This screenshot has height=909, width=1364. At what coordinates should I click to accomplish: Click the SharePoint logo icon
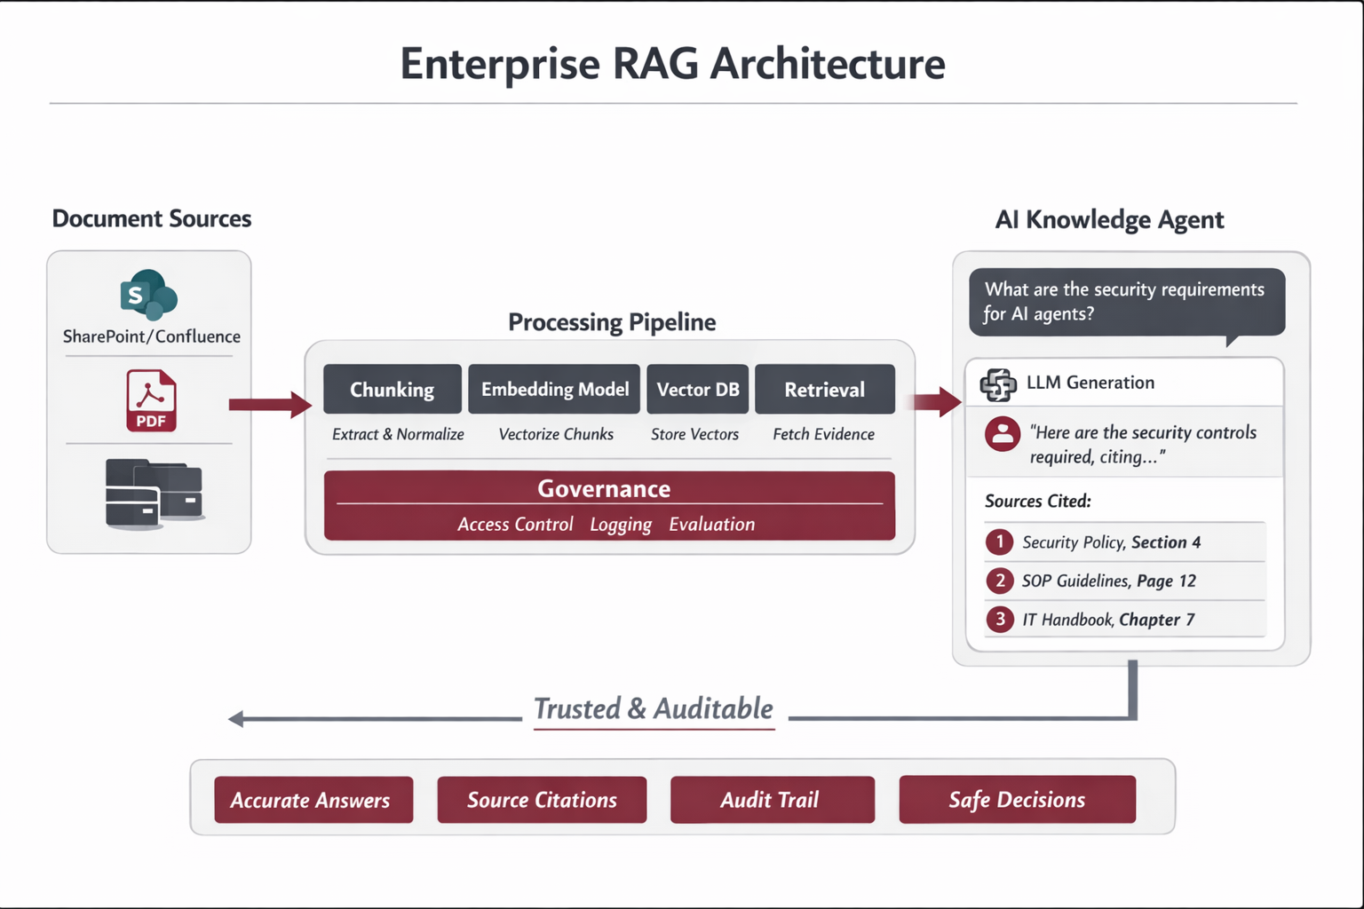[148, 295]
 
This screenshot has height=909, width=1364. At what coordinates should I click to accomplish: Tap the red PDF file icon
[151, 400]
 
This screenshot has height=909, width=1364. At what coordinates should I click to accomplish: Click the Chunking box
[392, 390]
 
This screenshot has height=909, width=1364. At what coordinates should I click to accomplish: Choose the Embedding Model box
[554, 390]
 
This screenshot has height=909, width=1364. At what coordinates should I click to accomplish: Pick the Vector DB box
[697, 390]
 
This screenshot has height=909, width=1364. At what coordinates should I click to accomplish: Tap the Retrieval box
[824, 390]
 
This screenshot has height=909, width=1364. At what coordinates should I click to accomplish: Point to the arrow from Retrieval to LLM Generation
[937, 402]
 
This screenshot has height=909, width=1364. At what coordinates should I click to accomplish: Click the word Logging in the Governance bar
[620, 525]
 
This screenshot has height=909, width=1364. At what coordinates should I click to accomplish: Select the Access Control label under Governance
[515, 525]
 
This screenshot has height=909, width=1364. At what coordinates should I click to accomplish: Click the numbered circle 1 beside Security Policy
[999, 541]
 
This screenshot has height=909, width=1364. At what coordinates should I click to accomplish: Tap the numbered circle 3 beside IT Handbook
[999, 619]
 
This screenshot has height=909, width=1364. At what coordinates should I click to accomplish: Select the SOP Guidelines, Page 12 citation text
[1108, 581]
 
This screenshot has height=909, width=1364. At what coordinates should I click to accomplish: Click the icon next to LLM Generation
[997, 383]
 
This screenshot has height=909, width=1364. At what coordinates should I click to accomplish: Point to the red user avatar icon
[1003, 434]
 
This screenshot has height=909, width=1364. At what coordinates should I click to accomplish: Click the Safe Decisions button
[1017, 800]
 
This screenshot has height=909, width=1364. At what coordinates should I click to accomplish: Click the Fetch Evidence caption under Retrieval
[823, 434]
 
